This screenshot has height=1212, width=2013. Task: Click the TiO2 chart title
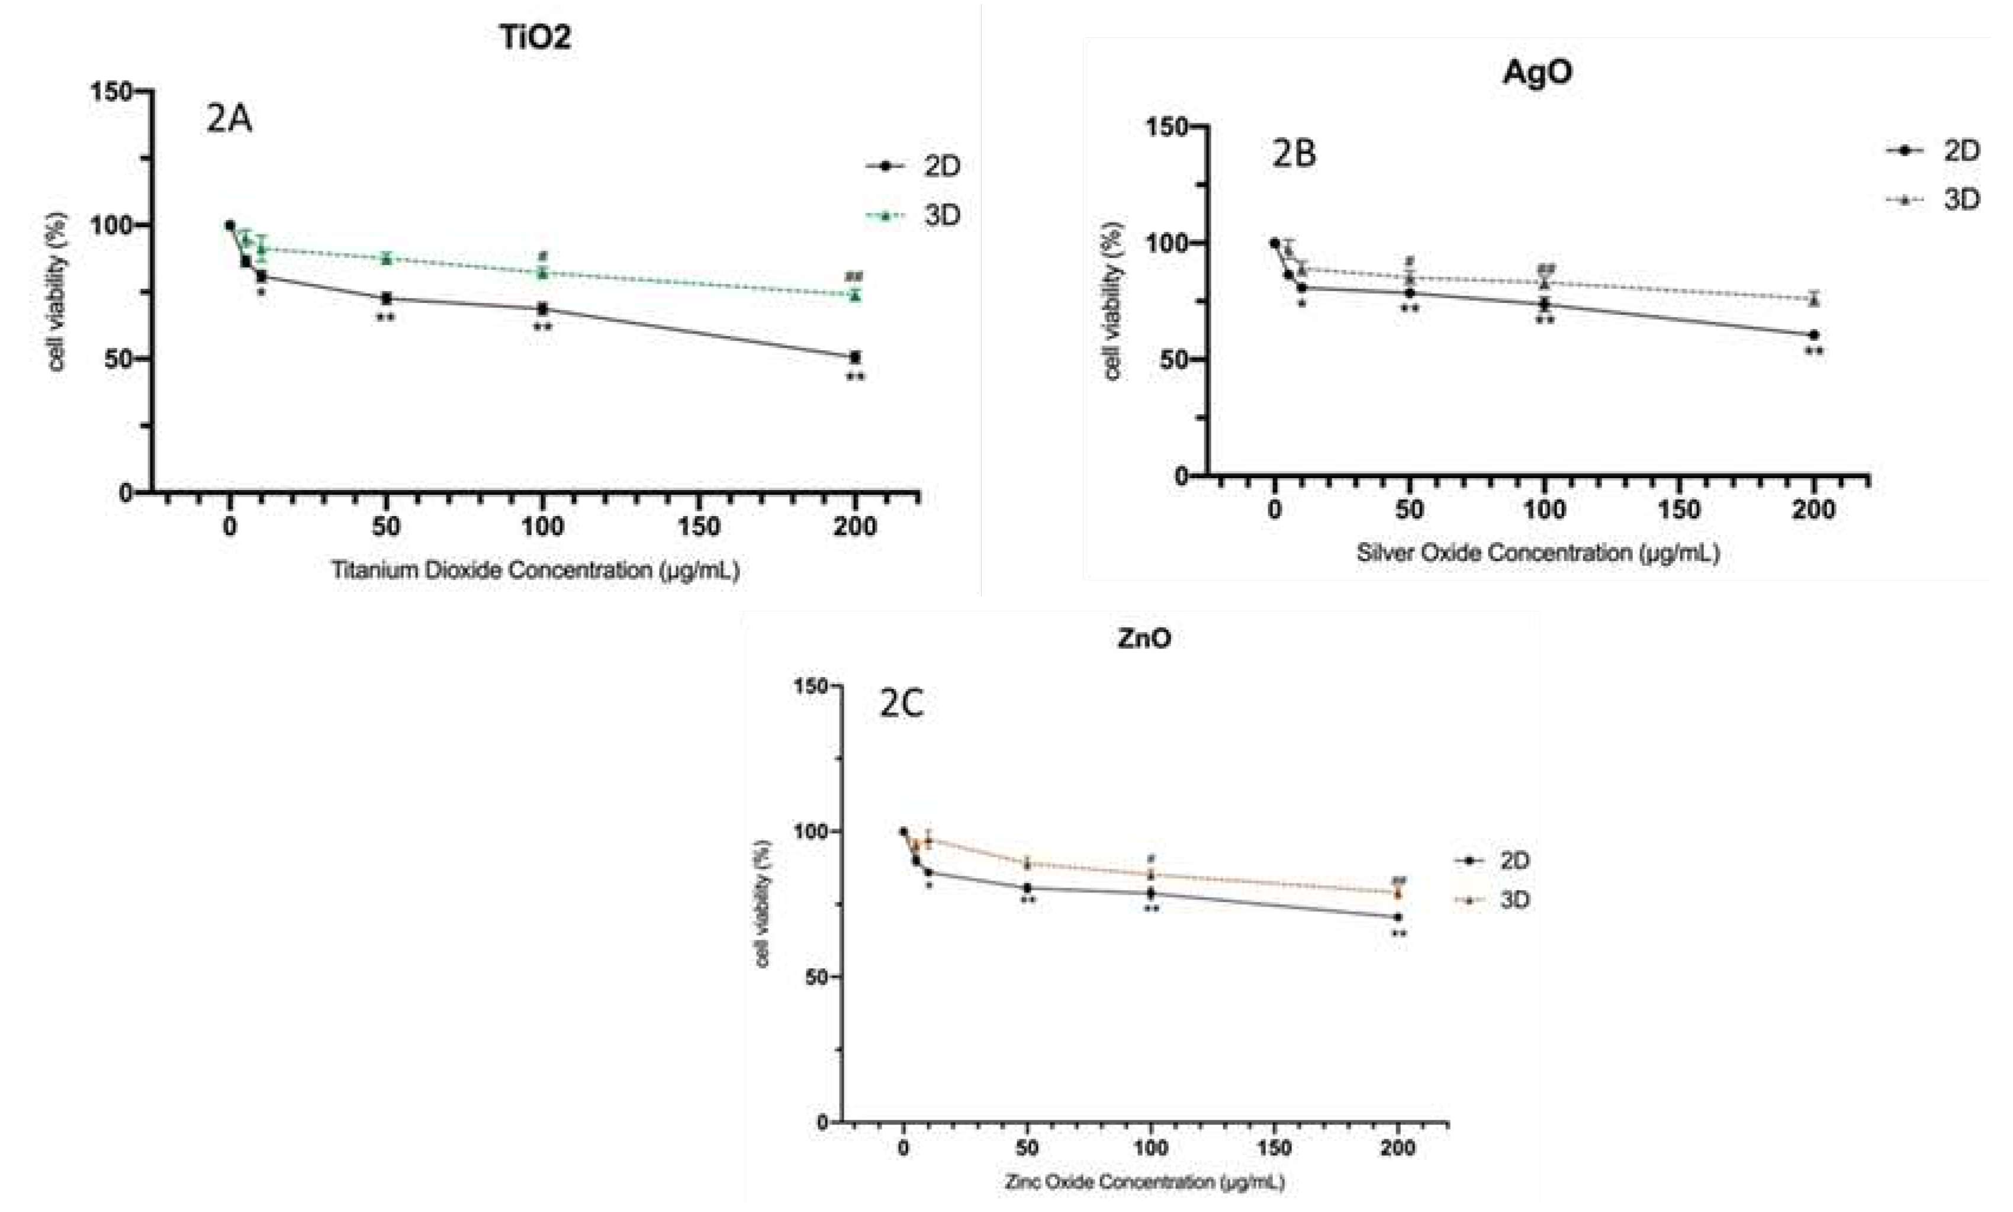[535, 37]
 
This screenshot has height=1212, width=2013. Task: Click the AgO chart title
[1537, 73]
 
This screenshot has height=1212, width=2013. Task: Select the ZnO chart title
[1144, 638]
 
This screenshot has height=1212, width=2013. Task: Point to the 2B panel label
[1294, 155]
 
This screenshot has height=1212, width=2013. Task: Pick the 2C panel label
[901, 704]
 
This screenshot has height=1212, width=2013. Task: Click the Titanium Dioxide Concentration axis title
[535, 569]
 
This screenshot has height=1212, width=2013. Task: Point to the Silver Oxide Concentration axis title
[1538, 553]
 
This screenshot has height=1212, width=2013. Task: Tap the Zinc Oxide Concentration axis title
[1144, 1182]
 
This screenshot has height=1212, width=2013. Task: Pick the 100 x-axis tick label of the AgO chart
[1544, 511]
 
